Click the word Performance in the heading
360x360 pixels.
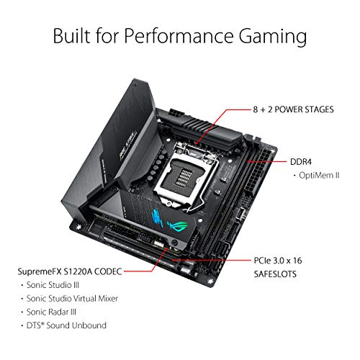[x=179, y=36]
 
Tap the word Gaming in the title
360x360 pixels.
[x=273, y=37]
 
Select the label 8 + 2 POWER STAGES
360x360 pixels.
[x=293, y=109]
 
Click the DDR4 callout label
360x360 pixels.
[x=301, y=162]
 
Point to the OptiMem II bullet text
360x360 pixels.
[x=319, y=175]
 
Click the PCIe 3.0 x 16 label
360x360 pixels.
[x=278, y=261]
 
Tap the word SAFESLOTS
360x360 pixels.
[x=275, y=274]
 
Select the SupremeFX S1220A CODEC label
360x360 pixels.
[x=70, y=271]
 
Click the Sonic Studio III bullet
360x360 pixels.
[x=53, y=285]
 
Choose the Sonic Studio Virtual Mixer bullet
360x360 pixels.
[x=72, y=298]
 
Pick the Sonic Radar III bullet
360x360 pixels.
[x=51, y=312]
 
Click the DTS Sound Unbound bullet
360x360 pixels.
[x=66, y=325]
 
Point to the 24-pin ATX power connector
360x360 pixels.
[x=258, y=174]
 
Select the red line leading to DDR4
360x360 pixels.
[x=267, y=161]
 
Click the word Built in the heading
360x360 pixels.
[x=72, y=35]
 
